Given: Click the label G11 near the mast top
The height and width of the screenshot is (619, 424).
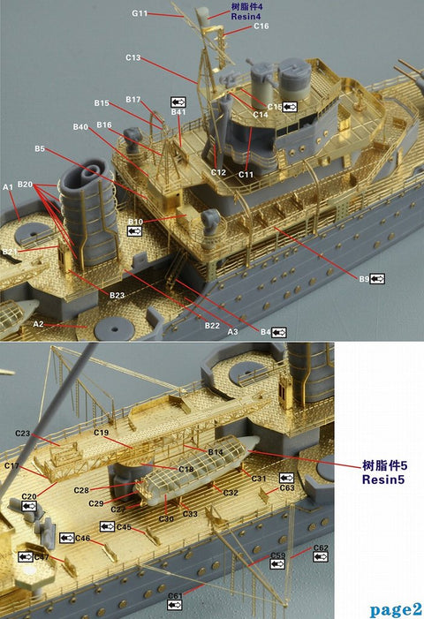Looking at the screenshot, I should click(x=140, y=14).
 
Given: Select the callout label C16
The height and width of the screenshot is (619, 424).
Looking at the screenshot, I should click(x=261, y=26).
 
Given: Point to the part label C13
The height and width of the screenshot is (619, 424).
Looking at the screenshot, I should click(x=132, y=57).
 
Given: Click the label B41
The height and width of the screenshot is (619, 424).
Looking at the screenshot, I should click(x=178, y=112).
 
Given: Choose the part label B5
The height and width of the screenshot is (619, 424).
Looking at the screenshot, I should click(x=40, y=149).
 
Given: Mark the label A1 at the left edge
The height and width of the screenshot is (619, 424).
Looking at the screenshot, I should click(x=8, y=187).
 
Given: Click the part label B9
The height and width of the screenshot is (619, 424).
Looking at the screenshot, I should click(x=364, y=279).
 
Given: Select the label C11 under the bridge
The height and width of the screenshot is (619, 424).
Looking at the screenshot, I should click(x=246, y=174).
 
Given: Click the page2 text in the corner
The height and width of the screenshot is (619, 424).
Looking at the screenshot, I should click(x=396, y=608).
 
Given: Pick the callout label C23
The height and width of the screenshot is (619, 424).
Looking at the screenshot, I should click(x=23, y=434).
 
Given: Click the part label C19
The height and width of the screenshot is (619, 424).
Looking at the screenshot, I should click(x=102, y=433).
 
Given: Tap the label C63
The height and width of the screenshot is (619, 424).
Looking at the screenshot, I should click(x=286, y=487).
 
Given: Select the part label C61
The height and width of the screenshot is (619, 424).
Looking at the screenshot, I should click(x=174, y=595).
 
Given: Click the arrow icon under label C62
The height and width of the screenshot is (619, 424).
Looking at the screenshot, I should click(x=320, y=558).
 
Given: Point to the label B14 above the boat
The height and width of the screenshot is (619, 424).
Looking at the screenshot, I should click(x=215, y=451).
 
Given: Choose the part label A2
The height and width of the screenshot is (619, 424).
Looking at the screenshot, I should click(x=38, y=324).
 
